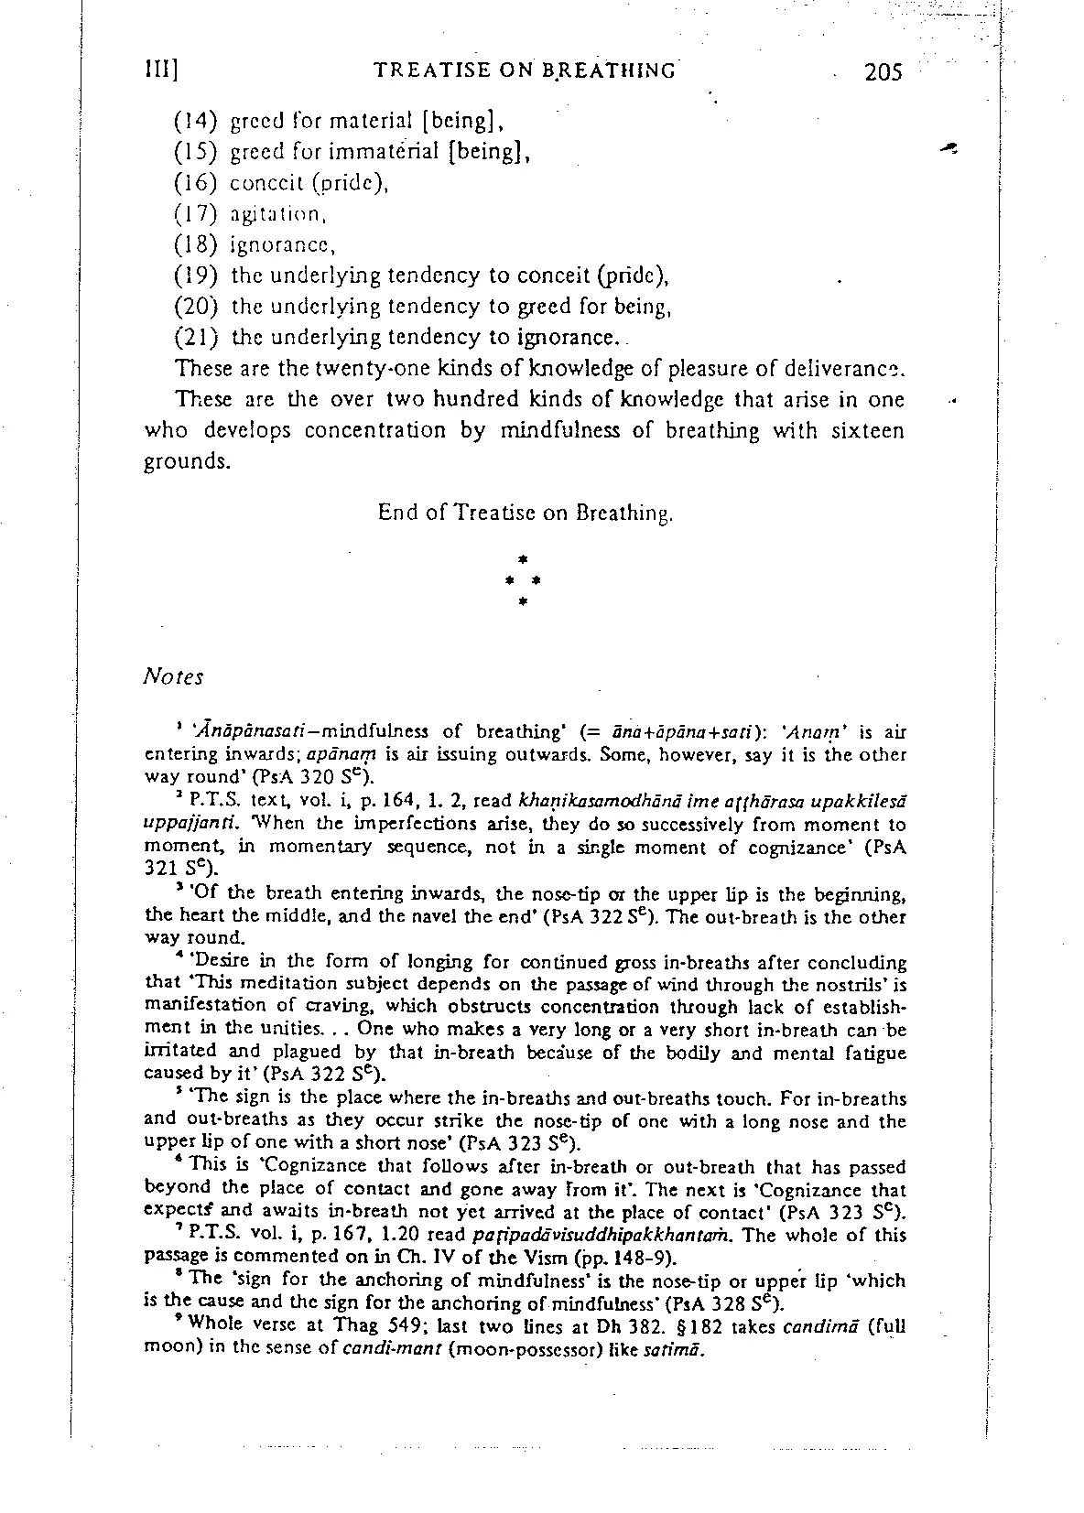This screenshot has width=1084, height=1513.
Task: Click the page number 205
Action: coord(883,71)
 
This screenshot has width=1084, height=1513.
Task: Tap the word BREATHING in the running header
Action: coord(608,70)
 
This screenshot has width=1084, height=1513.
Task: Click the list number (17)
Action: coord(194,214)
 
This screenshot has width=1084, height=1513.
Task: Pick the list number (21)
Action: coord(194,337)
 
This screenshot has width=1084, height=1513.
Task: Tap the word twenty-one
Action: coord(339,369)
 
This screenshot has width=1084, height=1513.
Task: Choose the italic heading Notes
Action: coord(174,677)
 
